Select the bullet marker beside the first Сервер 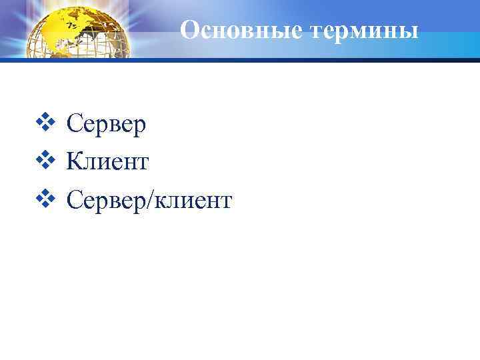[47, 123]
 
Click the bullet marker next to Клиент [47, 160]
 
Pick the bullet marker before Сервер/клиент [47, 198]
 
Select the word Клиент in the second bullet [107, 161]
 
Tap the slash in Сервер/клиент [151, 199]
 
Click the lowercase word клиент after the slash [193, 199]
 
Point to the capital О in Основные [190, 30]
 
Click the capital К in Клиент [74, 161]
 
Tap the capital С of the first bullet [73, 124]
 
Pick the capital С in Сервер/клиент [73, 199]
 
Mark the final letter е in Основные [289, 32]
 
